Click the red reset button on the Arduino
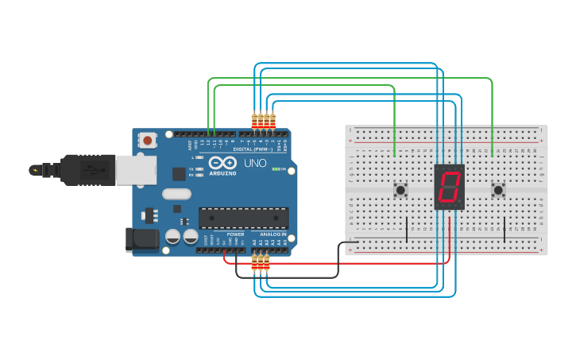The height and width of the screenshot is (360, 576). tap(148, 140)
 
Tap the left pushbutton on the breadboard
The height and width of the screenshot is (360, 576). tap(401, 190)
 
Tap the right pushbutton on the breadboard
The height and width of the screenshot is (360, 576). tap(498, 190)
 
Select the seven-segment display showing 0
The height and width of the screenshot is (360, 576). tap(450, 188)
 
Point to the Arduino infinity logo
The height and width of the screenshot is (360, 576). tap(222, 162)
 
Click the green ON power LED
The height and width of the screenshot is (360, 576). tap(275, 169)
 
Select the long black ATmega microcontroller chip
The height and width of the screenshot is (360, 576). tap(243, 218)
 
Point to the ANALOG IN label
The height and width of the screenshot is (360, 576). tap(273, 234)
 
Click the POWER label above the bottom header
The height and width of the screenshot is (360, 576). tap(236, 234)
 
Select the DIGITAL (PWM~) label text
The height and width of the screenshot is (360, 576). tap(253, 149)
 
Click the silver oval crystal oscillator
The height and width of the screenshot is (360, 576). tap(177, 194)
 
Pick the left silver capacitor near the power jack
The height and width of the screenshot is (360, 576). tap(172, 236)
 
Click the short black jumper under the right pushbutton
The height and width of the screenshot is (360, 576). tap(504, 228)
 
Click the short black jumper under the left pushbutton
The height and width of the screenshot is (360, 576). tap(407, 228)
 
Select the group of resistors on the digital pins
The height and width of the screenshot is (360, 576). tap(263, 121)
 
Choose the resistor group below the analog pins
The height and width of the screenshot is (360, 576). tap(260, 262)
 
